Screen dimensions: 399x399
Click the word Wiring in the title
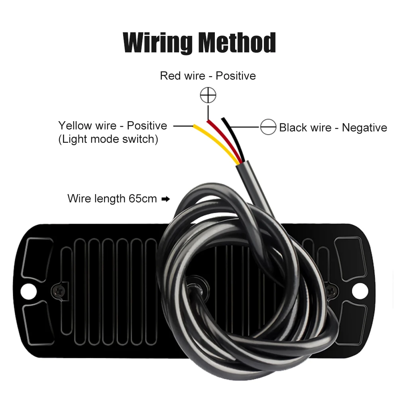(158, 43)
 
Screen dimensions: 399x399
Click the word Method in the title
(236, 43)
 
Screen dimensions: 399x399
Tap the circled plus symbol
(208, 95)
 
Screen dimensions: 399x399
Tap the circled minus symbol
(268, 127)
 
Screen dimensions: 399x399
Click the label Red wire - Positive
(208, 75)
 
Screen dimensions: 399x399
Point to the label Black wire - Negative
(333, 128)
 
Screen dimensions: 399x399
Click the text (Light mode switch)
(108, 139)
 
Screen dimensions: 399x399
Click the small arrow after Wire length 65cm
(165, 199)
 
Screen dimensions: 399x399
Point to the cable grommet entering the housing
(195, 285)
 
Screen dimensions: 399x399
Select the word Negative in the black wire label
(364, 128)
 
